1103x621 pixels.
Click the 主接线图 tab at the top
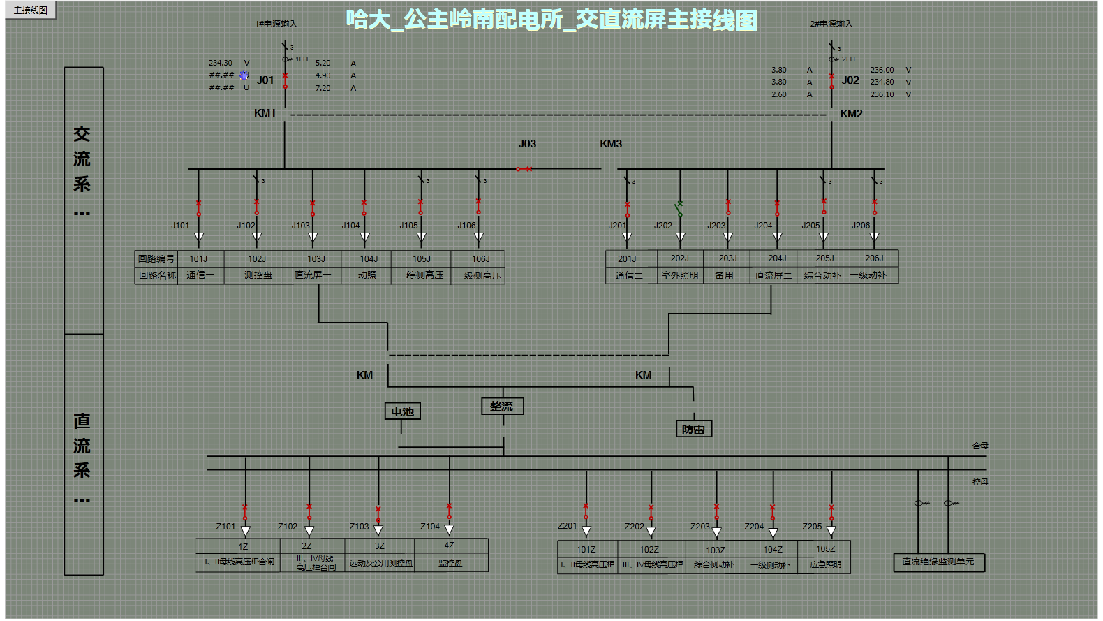click(x=31, y=10)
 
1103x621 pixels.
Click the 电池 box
click(x=402, y=411)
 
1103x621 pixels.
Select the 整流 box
click(x=502, y=406)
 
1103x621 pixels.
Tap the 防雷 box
click(x=693, y=429)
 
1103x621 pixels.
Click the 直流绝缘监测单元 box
click(x=938, y=562)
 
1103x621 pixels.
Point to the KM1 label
click(x=265, y=113)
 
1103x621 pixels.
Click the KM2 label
click(x=851, y=114)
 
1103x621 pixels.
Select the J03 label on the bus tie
click(x=527, y=144)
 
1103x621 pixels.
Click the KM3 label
click(x=611, y=144)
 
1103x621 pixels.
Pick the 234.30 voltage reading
click(x=221, y=63)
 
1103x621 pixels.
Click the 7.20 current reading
click(x=323, y=88)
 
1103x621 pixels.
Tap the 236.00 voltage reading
click(x=882, y=70)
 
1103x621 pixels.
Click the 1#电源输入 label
click(x=276, y=24)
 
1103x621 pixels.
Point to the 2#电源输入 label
click(x=831, y=24)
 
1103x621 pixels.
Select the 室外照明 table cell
click(x=680, y=275)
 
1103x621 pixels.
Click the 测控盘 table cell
click(x=258, y=275)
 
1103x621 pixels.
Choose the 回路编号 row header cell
click(x=156, y=258)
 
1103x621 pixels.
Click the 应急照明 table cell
click(x=825, y=564)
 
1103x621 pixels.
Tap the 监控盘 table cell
click(x=450, y=563)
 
